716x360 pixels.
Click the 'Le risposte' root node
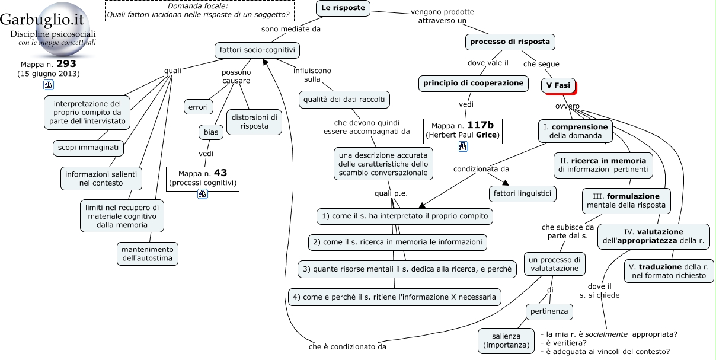[343, 8]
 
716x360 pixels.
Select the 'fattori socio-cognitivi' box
[257, 50]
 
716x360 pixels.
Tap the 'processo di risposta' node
[510, 42]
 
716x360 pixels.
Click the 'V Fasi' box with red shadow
[558, 85]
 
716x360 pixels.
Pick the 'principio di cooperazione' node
[474, 84]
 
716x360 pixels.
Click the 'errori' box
[198, 107]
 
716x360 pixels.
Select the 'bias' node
[211, 132]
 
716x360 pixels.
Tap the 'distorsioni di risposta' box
[254, 122]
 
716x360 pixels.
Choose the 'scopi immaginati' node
[88, 148]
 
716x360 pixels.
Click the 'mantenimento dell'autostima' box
[148, 254]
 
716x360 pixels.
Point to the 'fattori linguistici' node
[522, 194]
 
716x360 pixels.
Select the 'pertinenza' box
[549, 312]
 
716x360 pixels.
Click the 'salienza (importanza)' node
[506, 341]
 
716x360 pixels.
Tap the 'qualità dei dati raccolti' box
[344, 100]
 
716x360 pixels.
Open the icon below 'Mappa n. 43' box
[203, 194]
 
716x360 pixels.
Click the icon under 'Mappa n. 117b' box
[463, 146]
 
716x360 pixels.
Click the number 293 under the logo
[66, 63]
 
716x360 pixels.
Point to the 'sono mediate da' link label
[291, 29]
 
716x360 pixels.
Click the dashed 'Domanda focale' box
[200, 11]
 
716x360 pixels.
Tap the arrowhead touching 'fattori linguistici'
[505, 183]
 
